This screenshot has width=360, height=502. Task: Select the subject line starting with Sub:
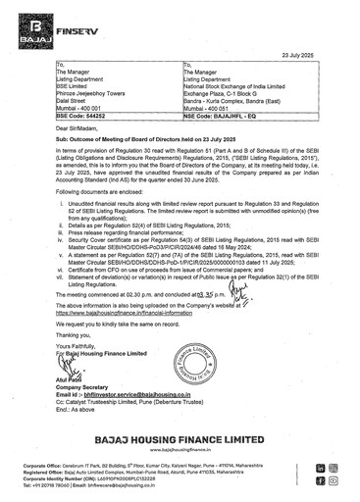(157, 141)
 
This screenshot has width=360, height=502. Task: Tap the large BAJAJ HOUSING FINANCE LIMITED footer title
(179, 440)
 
